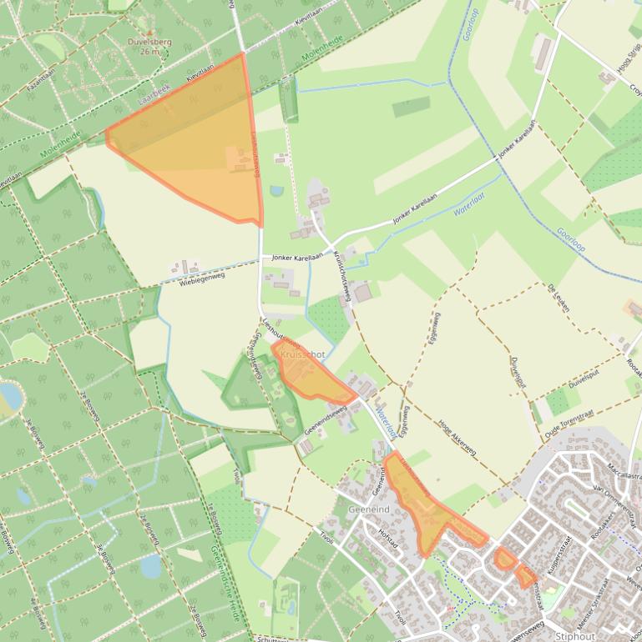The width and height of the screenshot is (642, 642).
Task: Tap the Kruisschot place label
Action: [303, 354]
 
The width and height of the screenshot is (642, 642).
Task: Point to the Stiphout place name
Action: [575, 636]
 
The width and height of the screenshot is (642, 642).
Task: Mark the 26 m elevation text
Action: [149, 52]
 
